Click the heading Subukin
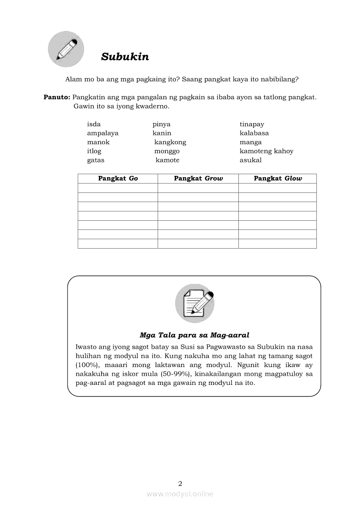[x=125, y=57]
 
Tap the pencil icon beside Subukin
[x=66, y=49]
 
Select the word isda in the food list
[x=94, y=125]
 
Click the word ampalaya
[x=102, y=133]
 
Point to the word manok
[x=98, y=142]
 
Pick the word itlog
[x=94, y=151]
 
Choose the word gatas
[x=95, y=160]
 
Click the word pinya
[x=161, y=125]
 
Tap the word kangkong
[x=170, y=142]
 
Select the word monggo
[x=167, y=151]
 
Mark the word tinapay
[x=252, y=125]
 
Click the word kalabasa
[x=254, y=133]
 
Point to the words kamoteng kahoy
[x=266, y=151]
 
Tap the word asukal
[x=251, y=160]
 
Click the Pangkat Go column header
[x=118, y=179]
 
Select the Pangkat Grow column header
[x=198, y=179]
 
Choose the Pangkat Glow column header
[x=278, y=179]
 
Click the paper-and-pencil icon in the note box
[x=194, y=303]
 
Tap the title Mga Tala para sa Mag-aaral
[x=194, y=335]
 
